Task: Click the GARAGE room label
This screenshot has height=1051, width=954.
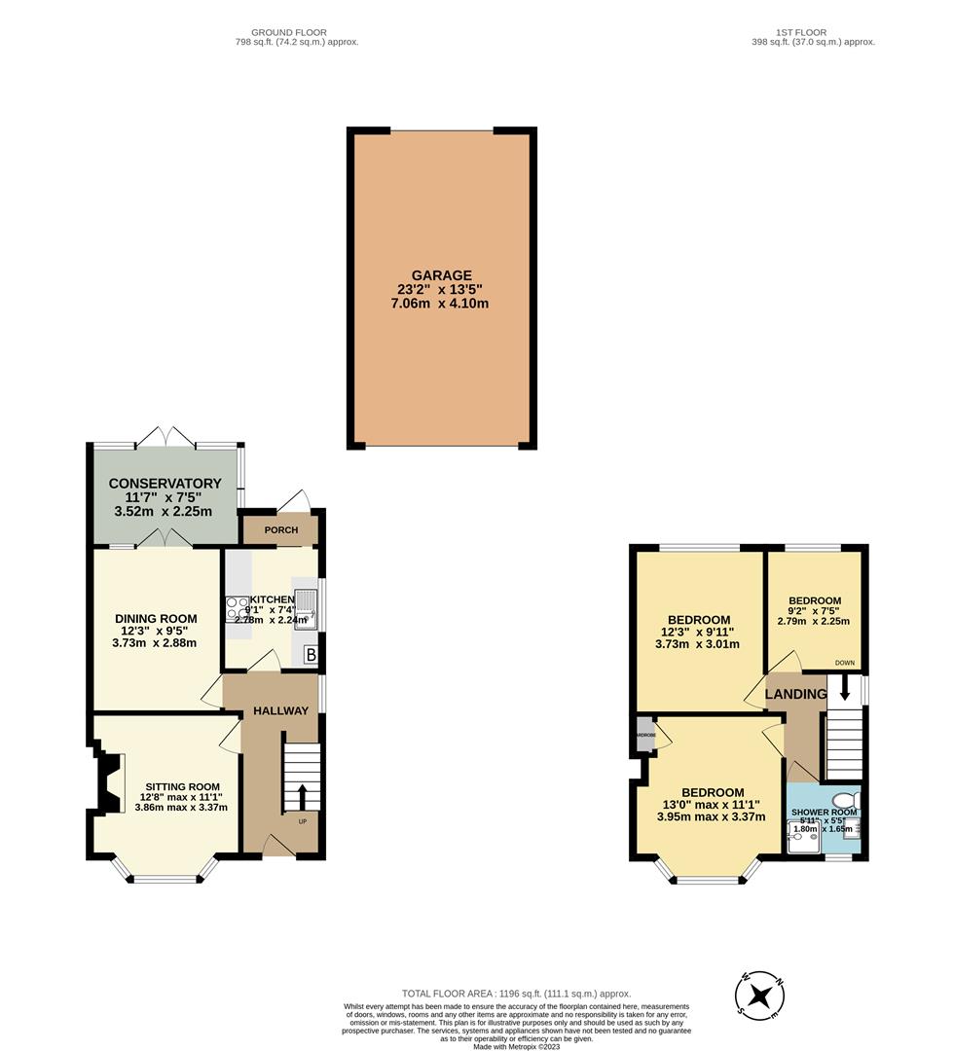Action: click(x=440, y=275)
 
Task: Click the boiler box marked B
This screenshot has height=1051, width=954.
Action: click(x=310, y=654)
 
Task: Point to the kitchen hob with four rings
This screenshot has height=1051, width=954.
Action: click(x=237, y=609)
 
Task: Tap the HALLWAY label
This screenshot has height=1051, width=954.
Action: click(x=281, y=710)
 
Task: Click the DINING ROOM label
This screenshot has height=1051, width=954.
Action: click(x=156, y=618)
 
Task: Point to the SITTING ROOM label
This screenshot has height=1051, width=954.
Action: click(x=182, y=786)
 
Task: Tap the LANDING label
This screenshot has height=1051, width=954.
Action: click(x=795, y=694)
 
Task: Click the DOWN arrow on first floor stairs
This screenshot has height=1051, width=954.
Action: click(x=844, y=688)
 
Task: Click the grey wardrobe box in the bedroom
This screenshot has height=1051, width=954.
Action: click(x=644, y=735)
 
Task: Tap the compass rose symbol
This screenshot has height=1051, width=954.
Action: click(x=759, y=995)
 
